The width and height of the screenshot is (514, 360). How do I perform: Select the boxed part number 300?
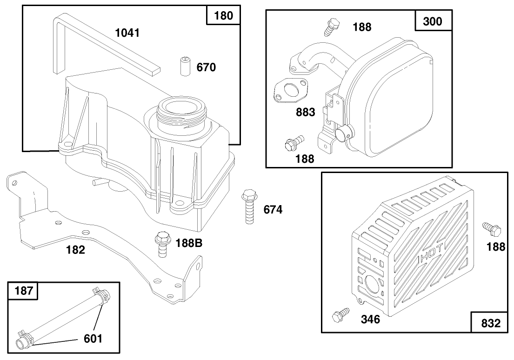click(x=433, y=21)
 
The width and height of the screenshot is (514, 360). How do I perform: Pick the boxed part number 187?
click(x=24, y=291)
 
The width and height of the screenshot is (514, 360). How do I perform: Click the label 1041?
click(x=127, y=33)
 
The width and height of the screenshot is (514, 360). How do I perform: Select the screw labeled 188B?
click(x=162, y=243)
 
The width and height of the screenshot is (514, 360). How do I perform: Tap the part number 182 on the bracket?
click(x=75, y=250)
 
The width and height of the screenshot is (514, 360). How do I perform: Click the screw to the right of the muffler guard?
click(x=491, y=229)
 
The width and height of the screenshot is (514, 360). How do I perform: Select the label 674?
click(x=273, y=210)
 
